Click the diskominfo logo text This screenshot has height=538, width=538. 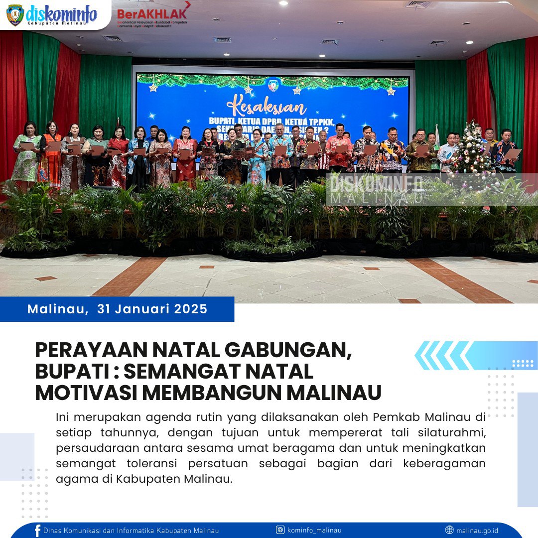(61, 13)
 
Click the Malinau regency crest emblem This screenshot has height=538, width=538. (15, 15)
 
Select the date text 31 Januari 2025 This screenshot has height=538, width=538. (152, 309)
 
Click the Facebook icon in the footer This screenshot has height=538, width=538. (37, 531)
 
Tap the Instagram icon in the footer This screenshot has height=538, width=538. (280, 530)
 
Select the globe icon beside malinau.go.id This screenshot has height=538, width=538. (449, 530)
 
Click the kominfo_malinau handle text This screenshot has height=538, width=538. (314, 530)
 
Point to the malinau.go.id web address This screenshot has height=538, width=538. (477, 530)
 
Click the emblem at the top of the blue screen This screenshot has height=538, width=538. (273, 85)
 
